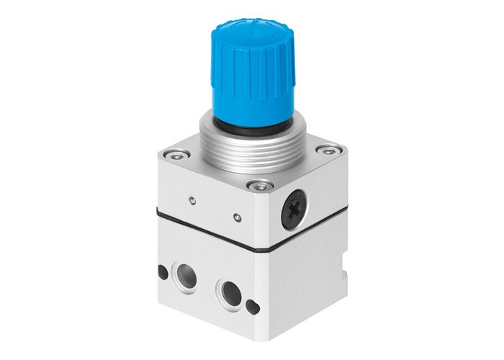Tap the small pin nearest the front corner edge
point(238,215)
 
